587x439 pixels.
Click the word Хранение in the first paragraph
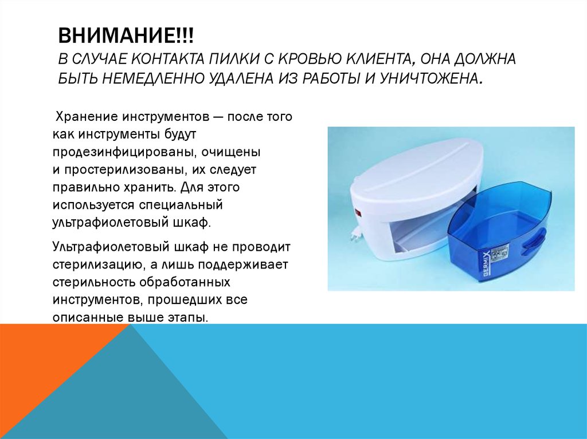[x=85, y=117]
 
